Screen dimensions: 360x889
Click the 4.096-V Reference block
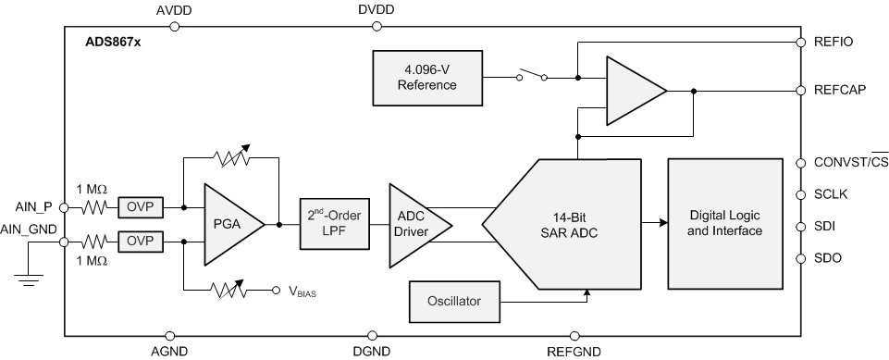427,78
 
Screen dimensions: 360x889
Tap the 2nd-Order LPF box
334,224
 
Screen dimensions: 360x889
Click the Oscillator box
453,301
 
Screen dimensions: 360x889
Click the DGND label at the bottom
373,351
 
